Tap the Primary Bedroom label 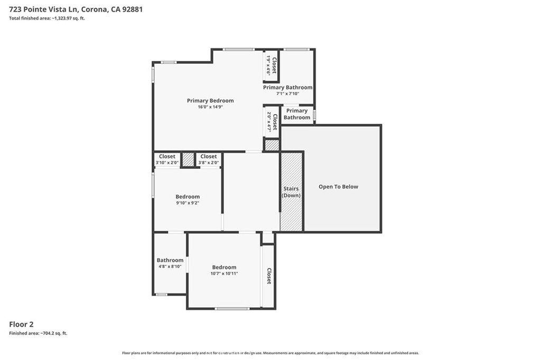point(210,101)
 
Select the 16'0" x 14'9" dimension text point(210,107)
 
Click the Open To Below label point(338,186)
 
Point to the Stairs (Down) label point(291,192)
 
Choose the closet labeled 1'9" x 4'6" point(271,65)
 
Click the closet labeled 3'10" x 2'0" point(167,159)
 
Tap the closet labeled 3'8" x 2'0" point(208,159)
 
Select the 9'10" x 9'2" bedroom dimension point(188,203)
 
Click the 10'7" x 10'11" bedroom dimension point(224,273)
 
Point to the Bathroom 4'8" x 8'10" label point(170,263)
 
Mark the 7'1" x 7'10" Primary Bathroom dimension point(287,93)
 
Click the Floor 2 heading point(21,324)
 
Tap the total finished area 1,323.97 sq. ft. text point(47,18)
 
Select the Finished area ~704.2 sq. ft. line point(38,333)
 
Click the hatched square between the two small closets point(188,159)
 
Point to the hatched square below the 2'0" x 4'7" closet point(272,145)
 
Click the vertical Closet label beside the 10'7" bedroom point(269,276)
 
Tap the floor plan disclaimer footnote point(270,353)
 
